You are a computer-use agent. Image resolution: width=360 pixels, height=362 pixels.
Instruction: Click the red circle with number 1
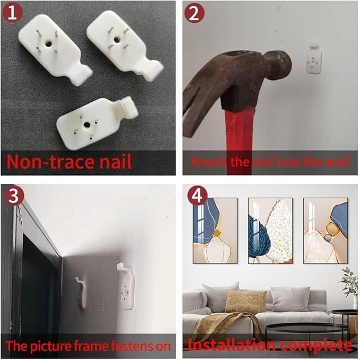click(x=13, y=13)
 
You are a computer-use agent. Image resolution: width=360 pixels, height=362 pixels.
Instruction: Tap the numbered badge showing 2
click(x=194, y=13)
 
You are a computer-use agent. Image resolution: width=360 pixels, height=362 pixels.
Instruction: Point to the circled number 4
click(x=197, y=196)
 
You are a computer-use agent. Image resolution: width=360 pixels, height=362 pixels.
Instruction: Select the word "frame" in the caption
click(x=91, y=346)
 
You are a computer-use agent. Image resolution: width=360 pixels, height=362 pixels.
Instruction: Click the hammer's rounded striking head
click(x=278, y=63)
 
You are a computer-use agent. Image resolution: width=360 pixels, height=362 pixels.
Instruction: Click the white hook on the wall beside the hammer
click(x=314, y=58)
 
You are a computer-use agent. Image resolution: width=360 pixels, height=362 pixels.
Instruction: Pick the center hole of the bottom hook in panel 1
click(x=87, y=125)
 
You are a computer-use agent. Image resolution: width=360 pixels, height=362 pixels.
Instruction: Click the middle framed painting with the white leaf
click(x=270, y=231)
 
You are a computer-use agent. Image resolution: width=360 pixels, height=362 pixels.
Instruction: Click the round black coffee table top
click(x=308, y=328)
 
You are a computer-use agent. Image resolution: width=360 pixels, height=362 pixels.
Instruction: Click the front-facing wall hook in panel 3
click(x=126, y=286)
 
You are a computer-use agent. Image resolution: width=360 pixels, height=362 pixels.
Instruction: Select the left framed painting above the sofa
click(x=215, y=231)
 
